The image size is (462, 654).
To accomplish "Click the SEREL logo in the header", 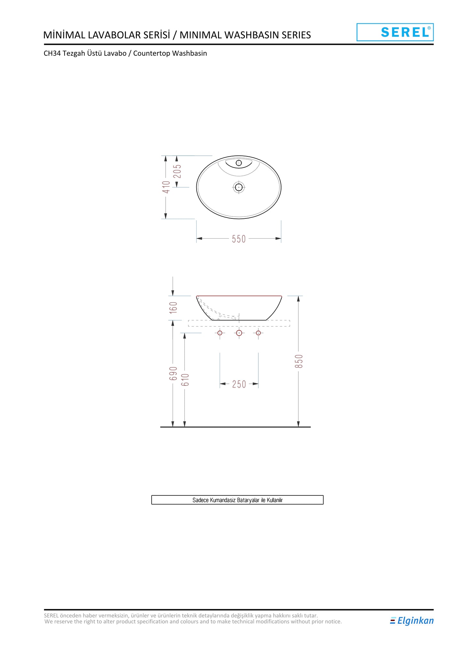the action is (x=395, y=32).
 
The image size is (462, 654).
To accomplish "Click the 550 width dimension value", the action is (x=239, y=239).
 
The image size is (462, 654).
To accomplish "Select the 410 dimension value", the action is (x=166, y=187).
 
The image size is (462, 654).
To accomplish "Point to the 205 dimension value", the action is (x=177, y=171).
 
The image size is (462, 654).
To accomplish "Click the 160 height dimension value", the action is (x=173, y=308).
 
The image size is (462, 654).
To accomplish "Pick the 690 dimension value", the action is (x=173, y=374).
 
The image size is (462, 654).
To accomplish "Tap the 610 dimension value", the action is (x=185, y=380).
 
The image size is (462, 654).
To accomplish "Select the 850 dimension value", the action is (x=299, y=361).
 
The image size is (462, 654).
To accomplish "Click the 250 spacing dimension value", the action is (x=239, y=384).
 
